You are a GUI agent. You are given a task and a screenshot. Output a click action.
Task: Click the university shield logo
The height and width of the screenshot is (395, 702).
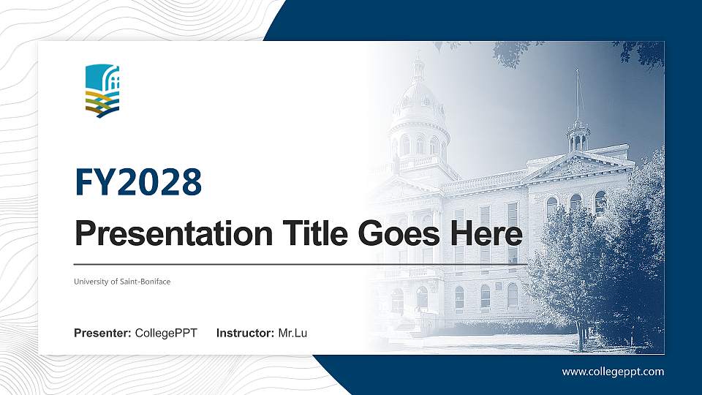coord(102,91)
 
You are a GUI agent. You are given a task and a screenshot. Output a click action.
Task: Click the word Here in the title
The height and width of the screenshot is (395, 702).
coord(488,235)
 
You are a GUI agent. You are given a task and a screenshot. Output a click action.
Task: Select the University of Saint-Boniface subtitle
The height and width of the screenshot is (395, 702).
coord(122,282)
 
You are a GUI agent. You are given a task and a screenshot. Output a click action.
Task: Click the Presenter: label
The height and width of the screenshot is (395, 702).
coord(103,334)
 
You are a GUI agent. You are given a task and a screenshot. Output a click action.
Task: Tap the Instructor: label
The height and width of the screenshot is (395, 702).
coord(246,334)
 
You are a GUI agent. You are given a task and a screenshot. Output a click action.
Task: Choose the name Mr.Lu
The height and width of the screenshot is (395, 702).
coord(292,334)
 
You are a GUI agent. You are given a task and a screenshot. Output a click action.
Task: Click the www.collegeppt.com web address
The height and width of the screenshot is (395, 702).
coord(613,372)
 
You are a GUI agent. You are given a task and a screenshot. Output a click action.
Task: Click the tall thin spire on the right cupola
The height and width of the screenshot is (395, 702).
coord(578,95)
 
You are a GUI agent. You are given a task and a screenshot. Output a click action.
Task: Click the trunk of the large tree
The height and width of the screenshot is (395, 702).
coord(581,333)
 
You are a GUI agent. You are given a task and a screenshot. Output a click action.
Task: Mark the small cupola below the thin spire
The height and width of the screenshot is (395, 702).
coord(578,136)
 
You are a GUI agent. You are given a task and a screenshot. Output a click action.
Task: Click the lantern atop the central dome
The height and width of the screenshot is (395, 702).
coord(418,70)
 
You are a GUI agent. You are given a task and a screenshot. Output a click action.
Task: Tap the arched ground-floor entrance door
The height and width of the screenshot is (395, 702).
coord(422,300)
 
